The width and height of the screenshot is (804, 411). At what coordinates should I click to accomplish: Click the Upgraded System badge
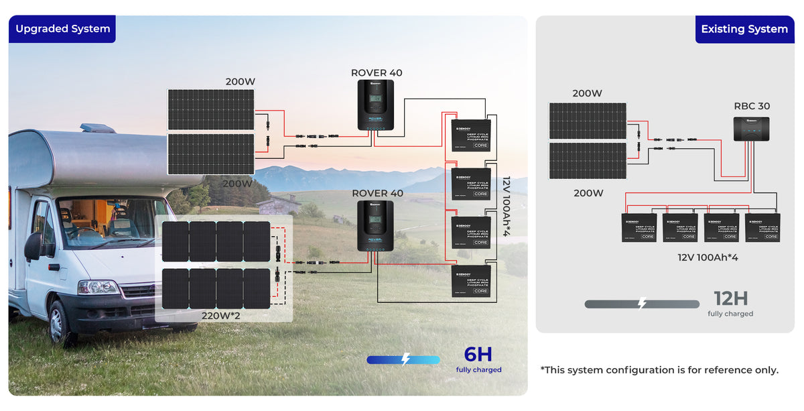pyautogui.click(x=62, y=29)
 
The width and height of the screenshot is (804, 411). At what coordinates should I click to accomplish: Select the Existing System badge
pyautogui.click(x=744, y=30)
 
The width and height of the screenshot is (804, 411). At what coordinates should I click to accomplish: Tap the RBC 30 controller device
pyautogui.click(x=751, y=128)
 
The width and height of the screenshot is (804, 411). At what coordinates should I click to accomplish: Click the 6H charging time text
pyautogui.click(x=478, y=355)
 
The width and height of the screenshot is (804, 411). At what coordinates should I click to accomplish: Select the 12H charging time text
pyautogui.click(x=730, y=299)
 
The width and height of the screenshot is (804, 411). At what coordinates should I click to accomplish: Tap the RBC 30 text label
pyautogui.click(x=751, y=106)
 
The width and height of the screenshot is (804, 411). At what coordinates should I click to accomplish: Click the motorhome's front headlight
pyautogui.click(x=97, y=287)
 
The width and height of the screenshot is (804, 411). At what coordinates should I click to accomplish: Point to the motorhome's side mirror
pyautogui.click(x=32, y=246)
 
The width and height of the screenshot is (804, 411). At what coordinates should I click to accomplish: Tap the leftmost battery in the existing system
pyautogui.click(x=639, y=227)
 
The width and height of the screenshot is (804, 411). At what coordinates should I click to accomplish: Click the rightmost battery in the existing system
pyautogui.click(x=762, y=227)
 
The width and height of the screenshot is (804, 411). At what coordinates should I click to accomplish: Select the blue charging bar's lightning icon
pyautogui.click(x=405, y=359)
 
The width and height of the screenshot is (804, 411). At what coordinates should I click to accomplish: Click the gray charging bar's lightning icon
pyautogui.click(x=642, y=304)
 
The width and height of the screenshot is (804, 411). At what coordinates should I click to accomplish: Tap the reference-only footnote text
pyautogui.click(x=659, y=370)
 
